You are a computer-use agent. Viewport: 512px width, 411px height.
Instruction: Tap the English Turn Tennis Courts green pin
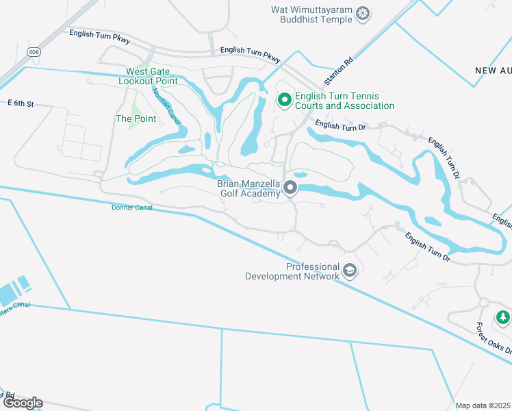[x=285, y=101]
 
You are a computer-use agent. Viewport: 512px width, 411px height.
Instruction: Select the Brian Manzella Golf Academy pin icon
[x=291, y=188]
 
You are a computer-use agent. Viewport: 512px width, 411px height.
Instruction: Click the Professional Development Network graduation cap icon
[x=350, y=271]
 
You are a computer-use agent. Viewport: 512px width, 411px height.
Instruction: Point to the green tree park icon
[x=503, y=316]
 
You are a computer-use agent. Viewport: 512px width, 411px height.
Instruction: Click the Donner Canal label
[x=131, y=207]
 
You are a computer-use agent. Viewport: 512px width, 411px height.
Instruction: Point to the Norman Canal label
[x=167, y=105]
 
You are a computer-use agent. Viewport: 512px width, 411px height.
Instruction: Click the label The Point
[x=136, y=119]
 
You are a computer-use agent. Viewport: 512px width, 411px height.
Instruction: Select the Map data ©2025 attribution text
[x=483, y=406]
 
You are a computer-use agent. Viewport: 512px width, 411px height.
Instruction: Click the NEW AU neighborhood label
[x=493, y=71]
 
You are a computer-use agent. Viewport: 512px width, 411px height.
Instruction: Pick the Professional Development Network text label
[x=293, y=271]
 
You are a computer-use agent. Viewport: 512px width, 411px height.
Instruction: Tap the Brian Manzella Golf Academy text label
[x=249, y=188]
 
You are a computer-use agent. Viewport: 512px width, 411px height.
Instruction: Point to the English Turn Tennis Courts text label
[x=344, y=101]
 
